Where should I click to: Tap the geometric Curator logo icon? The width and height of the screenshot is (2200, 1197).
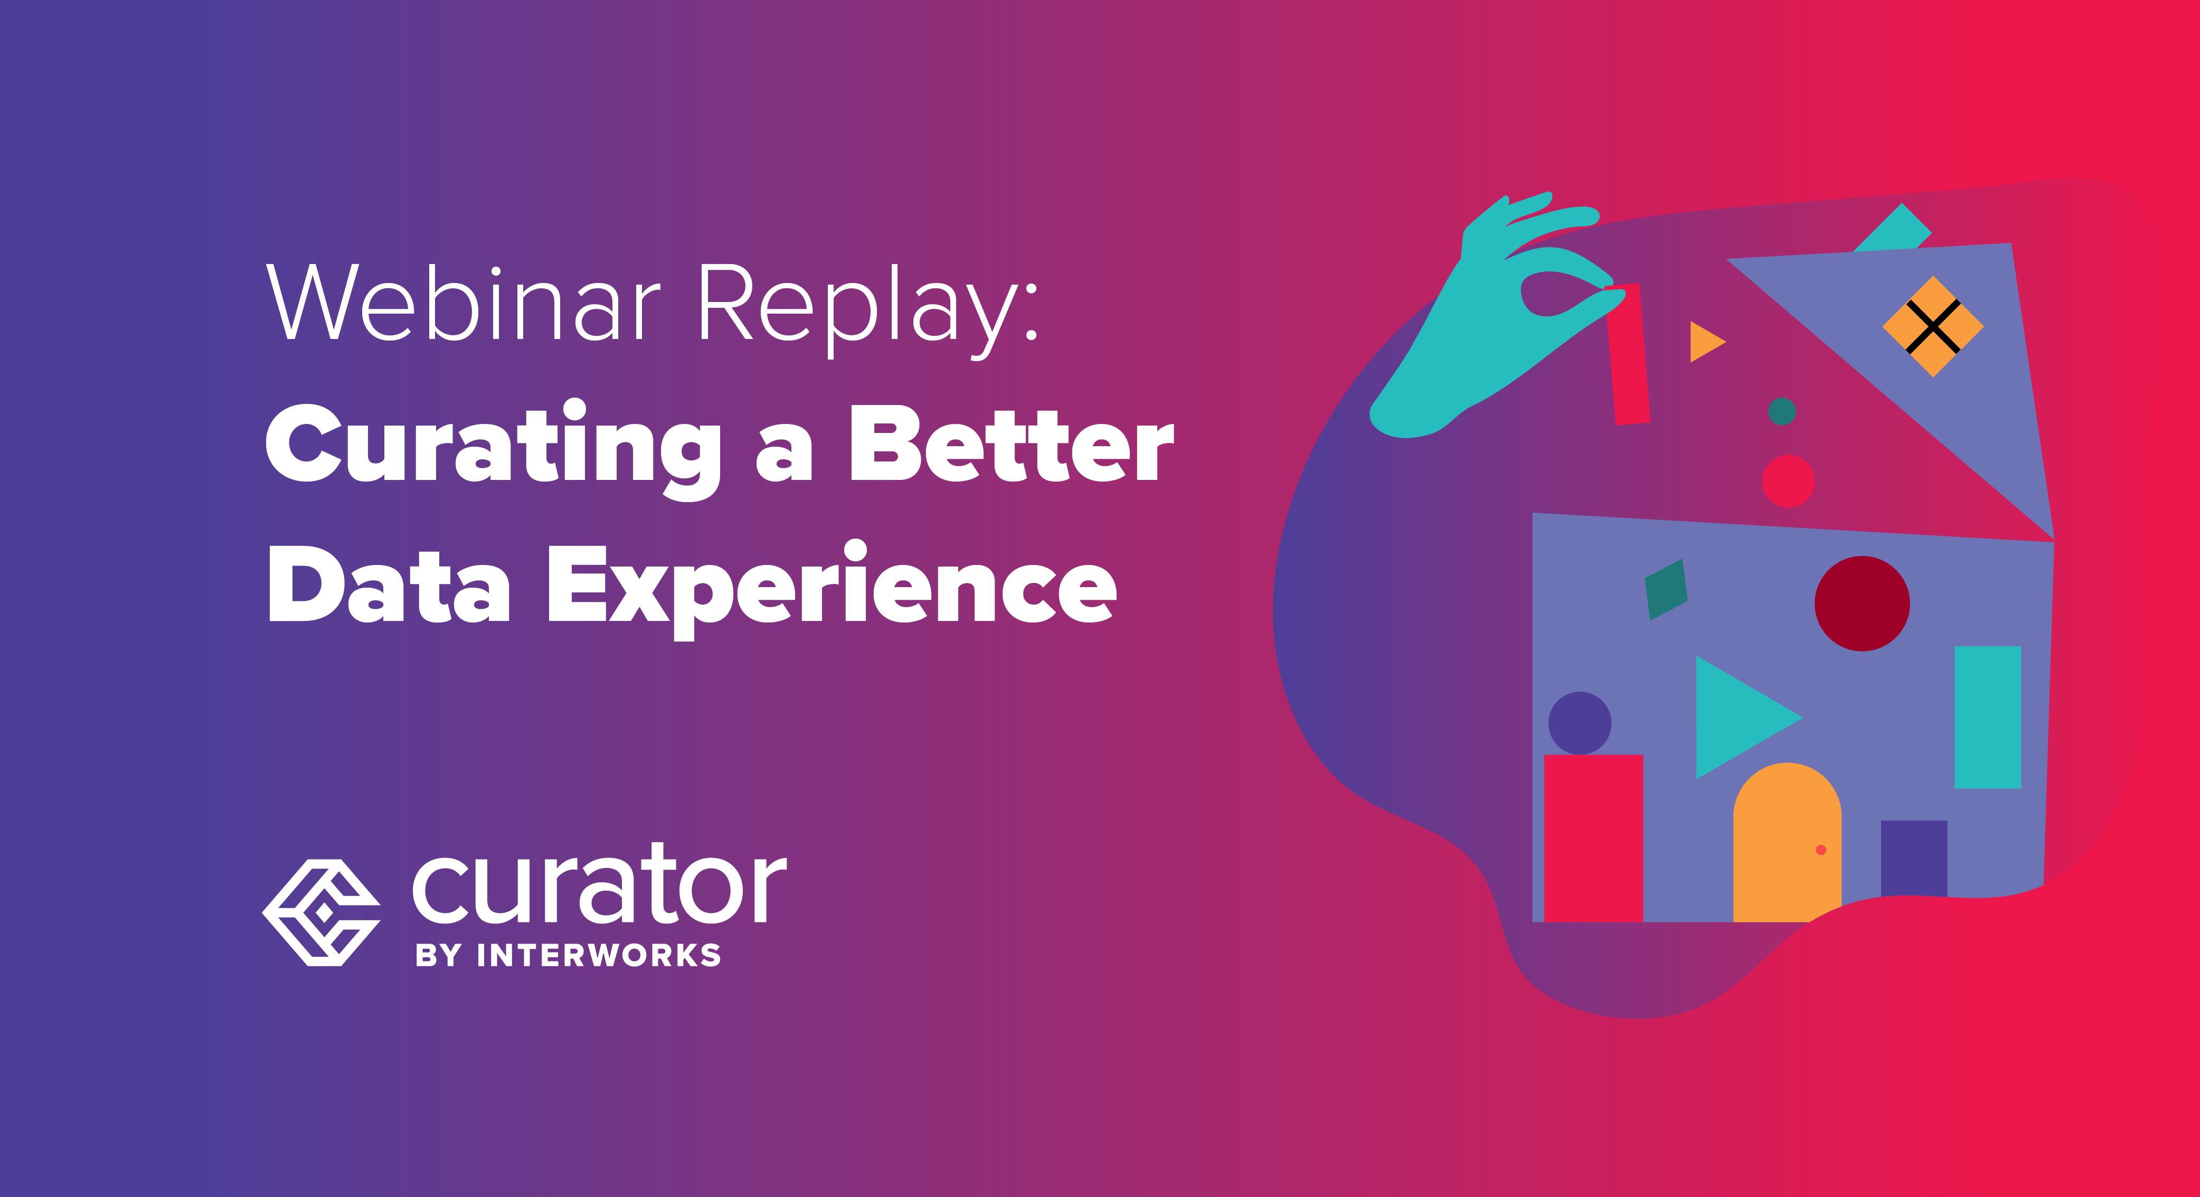(x=320, y=912)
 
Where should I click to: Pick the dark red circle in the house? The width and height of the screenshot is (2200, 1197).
(x=1862, y=603)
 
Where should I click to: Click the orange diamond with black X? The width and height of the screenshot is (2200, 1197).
(x=1933, y=326)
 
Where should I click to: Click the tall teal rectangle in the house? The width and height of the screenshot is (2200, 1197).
(x=1987, y=717)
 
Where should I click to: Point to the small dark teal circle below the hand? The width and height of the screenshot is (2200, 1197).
(x=1781, y=411)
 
